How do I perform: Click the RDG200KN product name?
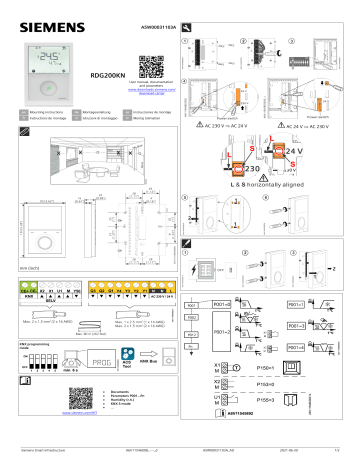tap(108, 74)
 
